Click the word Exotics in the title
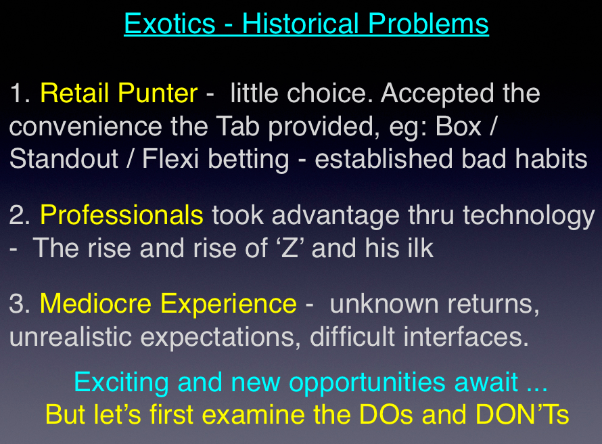tap(170, 24)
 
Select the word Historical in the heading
tap(300, 24)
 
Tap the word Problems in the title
tap(428, 24)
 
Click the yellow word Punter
tap(158, 93)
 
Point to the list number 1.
tap(20, 93)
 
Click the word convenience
tap(85, 127)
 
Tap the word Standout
tap(64, 158)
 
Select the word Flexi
tap(170, 158)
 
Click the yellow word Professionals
tap(122, 215)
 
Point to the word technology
tap(529, 216)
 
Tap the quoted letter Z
tap(290, 248)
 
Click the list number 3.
tap(19, 303)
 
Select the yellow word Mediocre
tap(96, 303)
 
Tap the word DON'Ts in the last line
tap(522, 414)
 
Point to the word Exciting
tap(121, 383)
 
